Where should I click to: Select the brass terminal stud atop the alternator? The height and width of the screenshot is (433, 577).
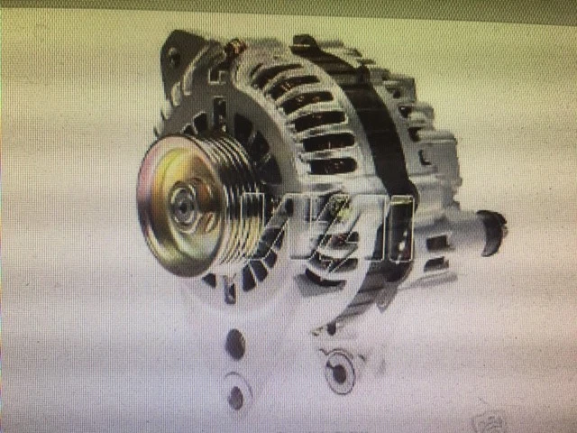click(x=237, y=45)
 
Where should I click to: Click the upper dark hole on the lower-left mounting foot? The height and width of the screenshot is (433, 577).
click(x=235, y=342)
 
